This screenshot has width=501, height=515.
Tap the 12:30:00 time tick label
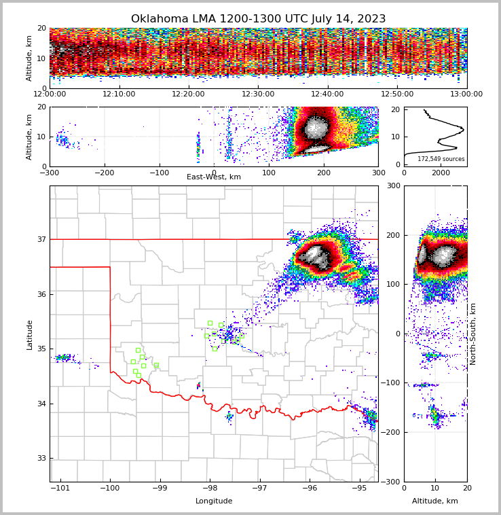[258, 94]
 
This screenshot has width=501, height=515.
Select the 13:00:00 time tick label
[466, 94]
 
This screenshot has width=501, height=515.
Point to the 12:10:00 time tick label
[119, 94]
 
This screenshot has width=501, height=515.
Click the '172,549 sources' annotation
[441, 159]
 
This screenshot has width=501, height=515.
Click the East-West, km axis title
[214, 177]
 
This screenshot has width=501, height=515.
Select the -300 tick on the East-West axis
[50, 172]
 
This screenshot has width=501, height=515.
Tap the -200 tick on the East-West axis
[105, 172]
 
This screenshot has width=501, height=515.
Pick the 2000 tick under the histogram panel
[441, 173]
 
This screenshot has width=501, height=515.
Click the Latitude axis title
[30, 334]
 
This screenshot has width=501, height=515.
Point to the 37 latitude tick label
[41, 239]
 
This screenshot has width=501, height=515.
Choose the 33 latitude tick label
[41, 459]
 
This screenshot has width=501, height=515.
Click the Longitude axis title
[214, 501]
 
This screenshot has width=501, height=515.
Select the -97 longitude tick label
[259, 489]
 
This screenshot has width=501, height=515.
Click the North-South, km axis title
[473, 334]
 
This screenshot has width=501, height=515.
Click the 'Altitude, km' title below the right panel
[435, 501]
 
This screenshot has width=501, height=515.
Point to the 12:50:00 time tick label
[397, 94]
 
